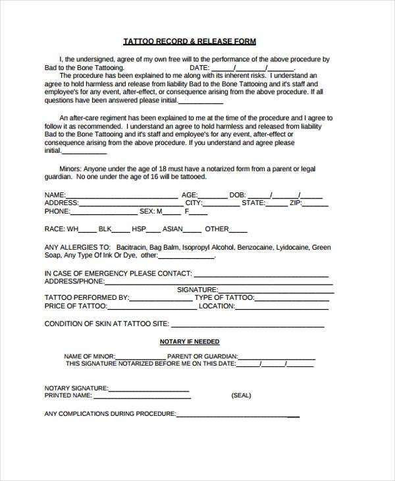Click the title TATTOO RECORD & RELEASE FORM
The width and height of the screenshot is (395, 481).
point(190,42)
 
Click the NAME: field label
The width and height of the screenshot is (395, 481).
point(55,196)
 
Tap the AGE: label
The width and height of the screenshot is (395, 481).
point(190,196)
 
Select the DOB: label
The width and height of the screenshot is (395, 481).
point(238,196)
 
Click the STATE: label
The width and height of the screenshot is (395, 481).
point(253,204)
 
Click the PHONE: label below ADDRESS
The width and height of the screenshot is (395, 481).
point(57,212)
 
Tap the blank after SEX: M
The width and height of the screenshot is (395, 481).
point(171,212)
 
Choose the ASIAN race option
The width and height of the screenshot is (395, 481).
point(172,229)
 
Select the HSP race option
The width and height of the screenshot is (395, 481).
point(138,229)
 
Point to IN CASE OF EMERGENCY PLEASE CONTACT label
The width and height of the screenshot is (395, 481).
point(118,273)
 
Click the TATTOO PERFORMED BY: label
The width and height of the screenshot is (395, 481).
point(86,298)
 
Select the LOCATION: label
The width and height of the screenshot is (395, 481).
point(217,306)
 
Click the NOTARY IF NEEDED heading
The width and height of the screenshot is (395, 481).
point(190,342)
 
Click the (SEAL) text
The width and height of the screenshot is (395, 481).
point(241,397)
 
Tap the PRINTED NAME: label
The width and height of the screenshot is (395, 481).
point(68,397)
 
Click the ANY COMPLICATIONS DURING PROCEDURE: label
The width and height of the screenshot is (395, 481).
point(110,414)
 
